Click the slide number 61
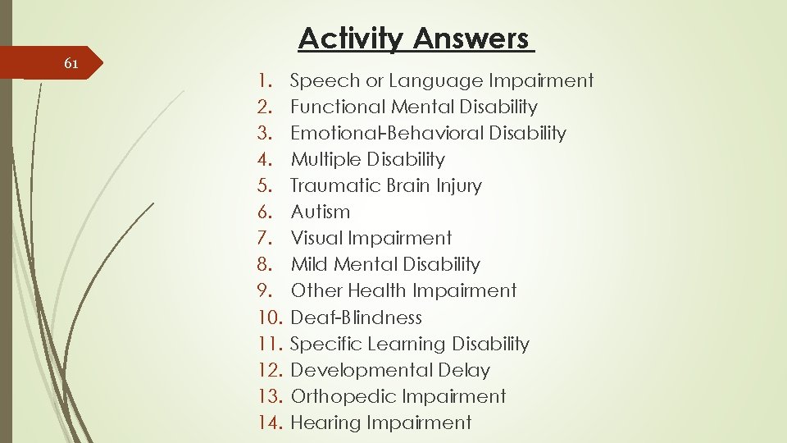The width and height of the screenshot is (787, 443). click(71, 64)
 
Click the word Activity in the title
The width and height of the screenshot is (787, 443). click(351, 39)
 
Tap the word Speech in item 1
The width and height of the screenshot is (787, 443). click(325, 81)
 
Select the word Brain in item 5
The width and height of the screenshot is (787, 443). click(407, 185)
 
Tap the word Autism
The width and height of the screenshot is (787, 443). click(321, 212)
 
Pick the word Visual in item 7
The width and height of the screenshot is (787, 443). click(316, 238)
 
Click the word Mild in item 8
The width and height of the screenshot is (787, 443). click(309, 264)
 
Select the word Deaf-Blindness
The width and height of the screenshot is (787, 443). click(357, 317)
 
